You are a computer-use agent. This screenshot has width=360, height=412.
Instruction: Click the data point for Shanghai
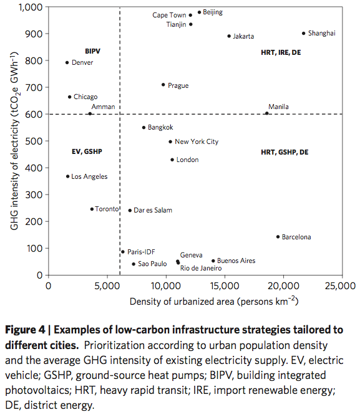tap(304, 34)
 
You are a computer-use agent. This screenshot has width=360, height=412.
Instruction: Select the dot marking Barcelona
tap(278, 237)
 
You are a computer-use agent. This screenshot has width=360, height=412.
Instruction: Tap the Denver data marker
tap(67, 62)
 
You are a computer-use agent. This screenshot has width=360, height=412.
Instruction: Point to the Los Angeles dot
tap(67, 176)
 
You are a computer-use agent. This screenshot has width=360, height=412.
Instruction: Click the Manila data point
tap(267, 113)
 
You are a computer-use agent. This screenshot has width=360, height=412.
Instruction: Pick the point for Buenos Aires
tap(213, 261)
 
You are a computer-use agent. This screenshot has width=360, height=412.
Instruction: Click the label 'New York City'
tap(197, 141)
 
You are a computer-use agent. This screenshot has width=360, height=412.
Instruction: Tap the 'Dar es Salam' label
tap(153, 211)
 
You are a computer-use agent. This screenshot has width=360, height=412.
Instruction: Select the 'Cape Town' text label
tap(168, 15)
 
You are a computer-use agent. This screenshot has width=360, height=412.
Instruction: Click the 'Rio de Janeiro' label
tap(201, 268)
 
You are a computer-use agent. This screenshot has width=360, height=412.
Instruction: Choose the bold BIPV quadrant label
tap(92, 50)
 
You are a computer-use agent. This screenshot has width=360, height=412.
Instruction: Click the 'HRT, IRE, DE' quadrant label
tap(281, 53)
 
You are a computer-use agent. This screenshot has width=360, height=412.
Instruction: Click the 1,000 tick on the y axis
tap(30, 7)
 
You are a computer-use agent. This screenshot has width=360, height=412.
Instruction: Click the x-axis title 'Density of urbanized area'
tap(213, 302)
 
